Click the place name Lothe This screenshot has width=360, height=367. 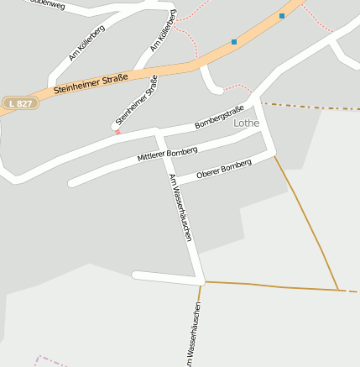[x=247, y=123]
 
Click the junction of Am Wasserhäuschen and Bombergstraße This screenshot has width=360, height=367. [x=157, y=133]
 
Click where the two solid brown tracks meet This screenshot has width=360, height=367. [x=338, y=290]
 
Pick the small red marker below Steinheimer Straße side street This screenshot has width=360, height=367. [x=117, y=132]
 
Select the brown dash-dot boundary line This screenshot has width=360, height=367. [x=310, y=107]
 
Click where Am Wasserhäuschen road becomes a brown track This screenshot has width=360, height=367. [x=201, y=282]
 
